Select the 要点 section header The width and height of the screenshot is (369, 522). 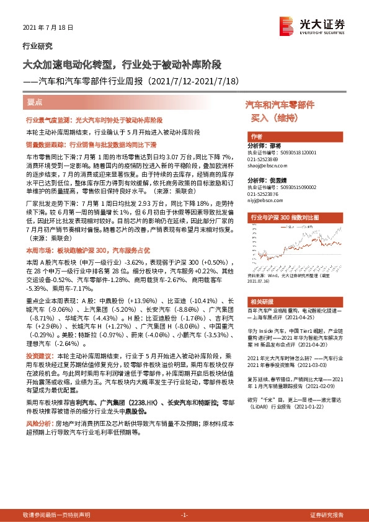pos(35,101)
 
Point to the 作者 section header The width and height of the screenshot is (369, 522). pos(256,136)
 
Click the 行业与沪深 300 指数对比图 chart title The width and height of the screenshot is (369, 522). pos(284,218)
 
